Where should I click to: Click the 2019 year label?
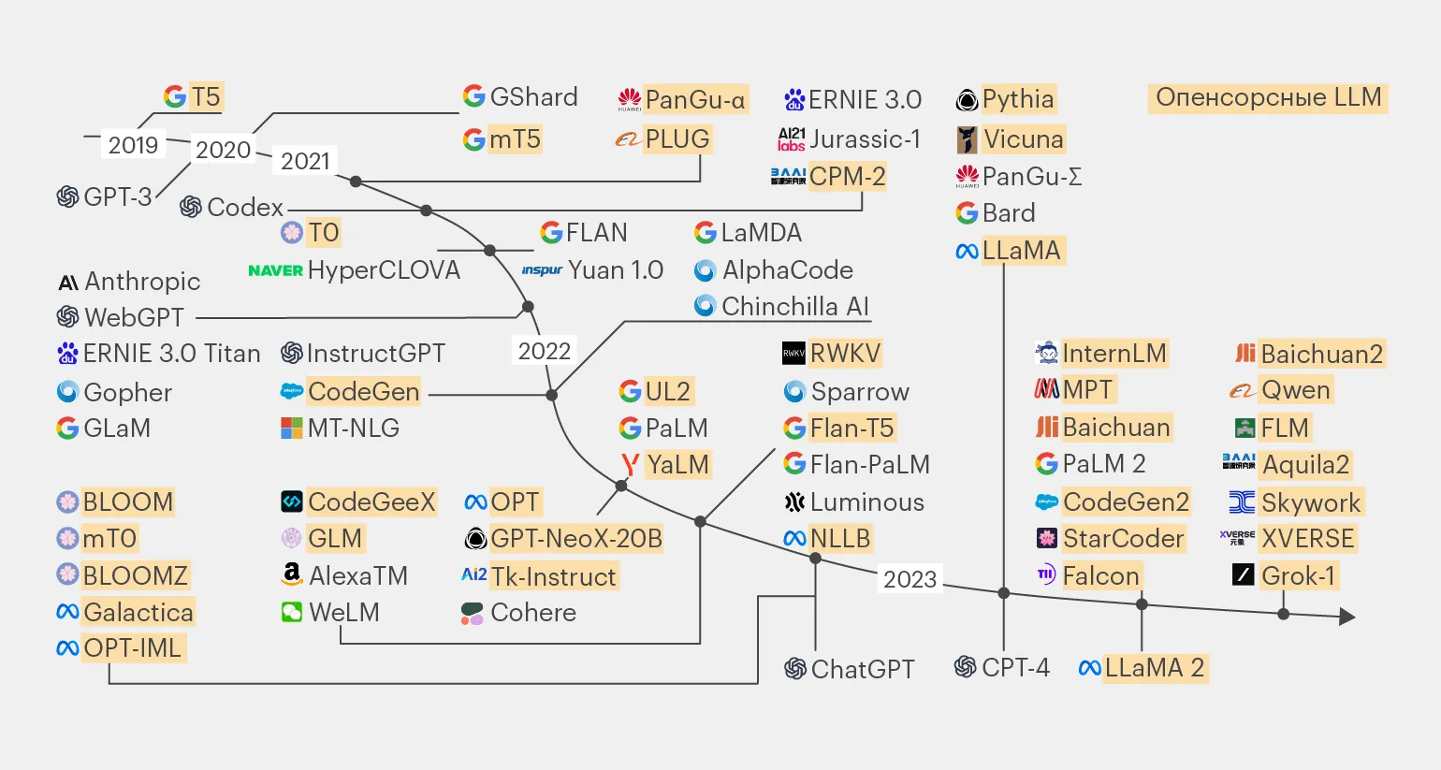tap(133, 145)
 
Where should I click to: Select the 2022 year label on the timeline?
tap(544, 351)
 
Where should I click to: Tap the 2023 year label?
tap(910, 579)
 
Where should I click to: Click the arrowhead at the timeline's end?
tap(1347, 617)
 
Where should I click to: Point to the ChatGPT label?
tap(862, 669)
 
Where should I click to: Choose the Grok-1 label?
tap(1298, 575)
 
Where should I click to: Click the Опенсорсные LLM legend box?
tap(1268, 97)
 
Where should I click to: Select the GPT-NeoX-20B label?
tap(575, 538)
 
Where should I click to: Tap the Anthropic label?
tap(142, 282)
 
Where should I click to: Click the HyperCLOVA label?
tap(384, 270)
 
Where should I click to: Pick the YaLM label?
tap(677, 464)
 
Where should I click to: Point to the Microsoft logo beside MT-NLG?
tap(292, 429)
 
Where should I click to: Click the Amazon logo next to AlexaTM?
tap(292, 574)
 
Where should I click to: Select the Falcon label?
tap(1100, 575)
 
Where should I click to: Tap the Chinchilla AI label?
tap(794, 307)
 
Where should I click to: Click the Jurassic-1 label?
tap(865, 139)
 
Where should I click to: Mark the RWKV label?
tap(845, 353)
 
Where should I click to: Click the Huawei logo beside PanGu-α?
tap(629, 99)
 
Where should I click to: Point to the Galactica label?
tap(138, 612)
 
